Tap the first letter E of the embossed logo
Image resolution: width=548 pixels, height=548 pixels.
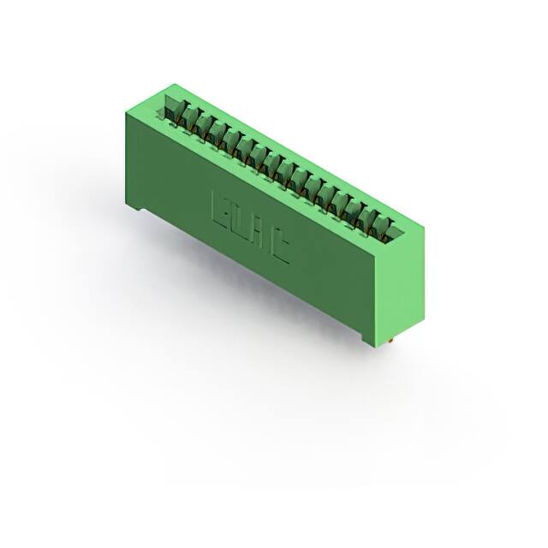click(x=220, y=208)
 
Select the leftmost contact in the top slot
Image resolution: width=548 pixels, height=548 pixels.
click(x=174, y=111)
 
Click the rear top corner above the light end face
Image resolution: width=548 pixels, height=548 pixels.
click(x=423, y=222)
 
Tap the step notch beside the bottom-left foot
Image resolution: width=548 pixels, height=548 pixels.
click(x=150, y=213)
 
